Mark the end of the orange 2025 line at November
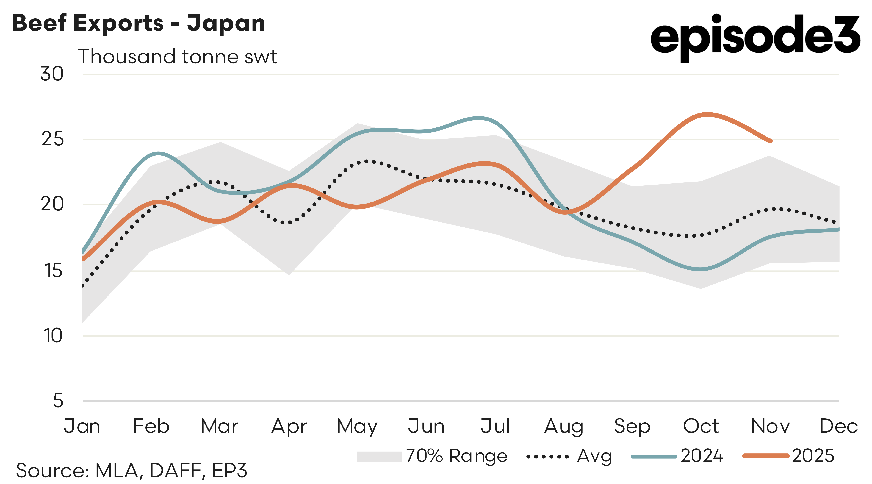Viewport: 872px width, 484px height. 771,141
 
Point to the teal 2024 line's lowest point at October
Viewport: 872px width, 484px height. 701,269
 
